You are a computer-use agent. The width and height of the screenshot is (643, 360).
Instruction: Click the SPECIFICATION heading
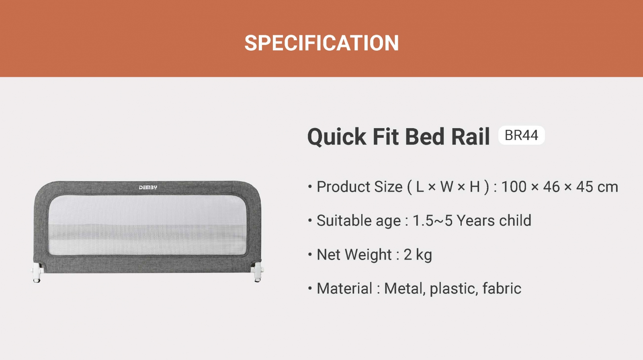click(x=321, y=43)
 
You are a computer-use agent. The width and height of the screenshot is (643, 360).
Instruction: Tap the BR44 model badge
click(x=522, y=135)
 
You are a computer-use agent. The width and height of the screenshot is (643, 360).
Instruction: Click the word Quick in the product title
click(x=337, y=137)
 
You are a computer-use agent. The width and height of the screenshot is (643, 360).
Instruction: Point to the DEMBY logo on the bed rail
click(x=148, y=188)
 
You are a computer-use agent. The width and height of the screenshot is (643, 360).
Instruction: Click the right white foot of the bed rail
click(x=258, y=272)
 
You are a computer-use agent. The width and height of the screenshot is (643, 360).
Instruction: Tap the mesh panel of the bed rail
click(x=147, y=225)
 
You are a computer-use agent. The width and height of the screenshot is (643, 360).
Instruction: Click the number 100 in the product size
click(x=514, y=187)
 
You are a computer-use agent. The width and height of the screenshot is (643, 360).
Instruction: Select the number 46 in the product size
click(x=551, y=187)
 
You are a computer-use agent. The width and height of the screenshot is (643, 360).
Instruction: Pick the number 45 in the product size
click(x=585, y=187)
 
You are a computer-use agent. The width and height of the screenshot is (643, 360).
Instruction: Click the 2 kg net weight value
click(x=418, y=255)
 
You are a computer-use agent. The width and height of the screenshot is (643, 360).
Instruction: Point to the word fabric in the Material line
click(x=502, y=288)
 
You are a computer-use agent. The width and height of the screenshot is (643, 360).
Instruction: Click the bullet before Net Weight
click(x=310, y=254)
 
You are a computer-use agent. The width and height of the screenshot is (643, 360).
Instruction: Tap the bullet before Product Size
click(x=310, y=186)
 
